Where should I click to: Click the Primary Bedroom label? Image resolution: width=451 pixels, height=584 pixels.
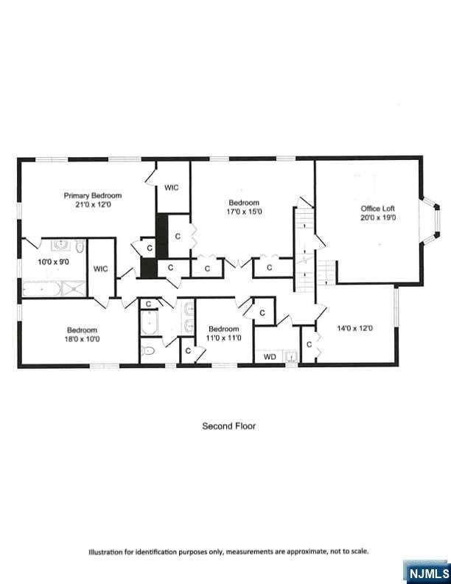coord(93,195)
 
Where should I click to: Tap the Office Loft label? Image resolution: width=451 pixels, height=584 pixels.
coord(378,209)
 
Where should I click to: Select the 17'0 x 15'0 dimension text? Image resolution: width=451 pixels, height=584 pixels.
coord(244,212)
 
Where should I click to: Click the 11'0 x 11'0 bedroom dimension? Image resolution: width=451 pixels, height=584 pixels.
coord(223,338)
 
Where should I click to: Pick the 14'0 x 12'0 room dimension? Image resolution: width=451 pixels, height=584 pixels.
coord(354,328)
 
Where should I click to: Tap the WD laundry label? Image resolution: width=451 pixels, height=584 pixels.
coord(270,357)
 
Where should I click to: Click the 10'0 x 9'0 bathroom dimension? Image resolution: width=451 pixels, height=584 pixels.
coord(53,262)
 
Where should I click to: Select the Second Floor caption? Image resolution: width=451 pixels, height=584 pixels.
coord(229,426)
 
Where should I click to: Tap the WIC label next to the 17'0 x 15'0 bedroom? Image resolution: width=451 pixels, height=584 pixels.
coord(172,188)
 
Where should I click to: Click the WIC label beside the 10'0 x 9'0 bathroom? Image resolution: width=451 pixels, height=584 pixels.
coord(100,268)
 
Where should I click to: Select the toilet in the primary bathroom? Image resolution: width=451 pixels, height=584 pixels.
coord(80,246)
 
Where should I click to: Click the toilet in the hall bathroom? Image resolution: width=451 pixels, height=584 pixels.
coord(148,350)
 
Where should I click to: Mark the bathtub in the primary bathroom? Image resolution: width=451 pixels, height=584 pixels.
coord(41,289)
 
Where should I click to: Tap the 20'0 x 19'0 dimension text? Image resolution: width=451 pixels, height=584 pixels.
coord(378,218)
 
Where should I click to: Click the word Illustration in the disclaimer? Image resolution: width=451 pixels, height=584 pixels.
coord(105,552)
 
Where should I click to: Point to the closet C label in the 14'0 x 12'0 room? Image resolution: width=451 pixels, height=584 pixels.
coord(309,344)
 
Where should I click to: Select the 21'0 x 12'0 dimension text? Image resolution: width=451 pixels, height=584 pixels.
coord(93,204)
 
